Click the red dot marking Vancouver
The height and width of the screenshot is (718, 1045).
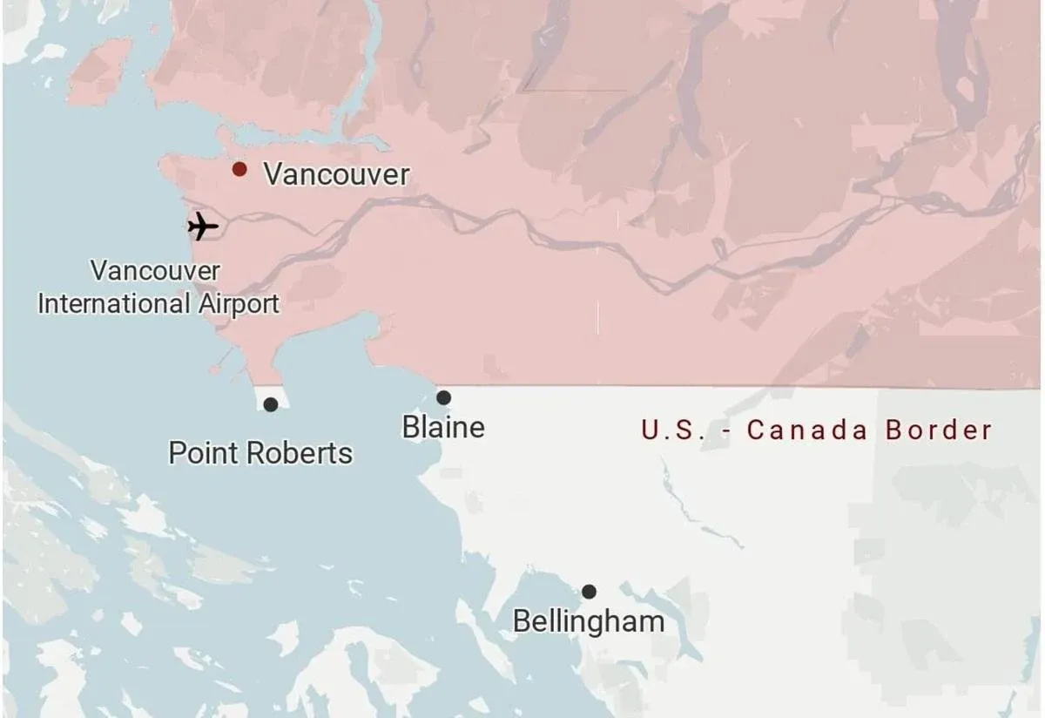pyautogui.click(x=239, y=169)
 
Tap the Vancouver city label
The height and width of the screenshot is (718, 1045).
pyautogui.click(x=336, y=174)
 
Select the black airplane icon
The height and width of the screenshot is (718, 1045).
pyautogui.click(x=203, y=227)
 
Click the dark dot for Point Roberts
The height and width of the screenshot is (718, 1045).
pyautogui.click(x=271, y=404)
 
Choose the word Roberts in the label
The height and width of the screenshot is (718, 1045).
pyautogui.click(x=301, y=453)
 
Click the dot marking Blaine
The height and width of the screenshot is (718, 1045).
pyautogui.click(x=443, y=397)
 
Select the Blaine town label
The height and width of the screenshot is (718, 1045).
pyautogui.click(x=443, y=427)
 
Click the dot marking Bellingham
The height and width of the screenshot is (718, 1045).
pyautogui.click(x=589, y=592)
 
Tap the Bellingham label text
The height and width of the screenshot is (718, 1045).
pyautogui.click(x=589, y=622)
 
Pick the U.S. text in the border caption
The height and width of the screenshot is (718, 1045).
pyautogui.click(x=671, y=430)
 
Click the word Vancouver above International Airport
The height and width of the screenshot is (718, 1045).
pyautogui.click(x=155, y=270)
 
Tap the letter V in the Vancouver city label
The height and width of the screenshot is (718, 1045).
pyautogui.click(x=273, y=174)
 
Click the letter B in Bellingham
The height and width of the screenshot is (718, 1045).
pyautogui.click(x=521, y=622)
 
